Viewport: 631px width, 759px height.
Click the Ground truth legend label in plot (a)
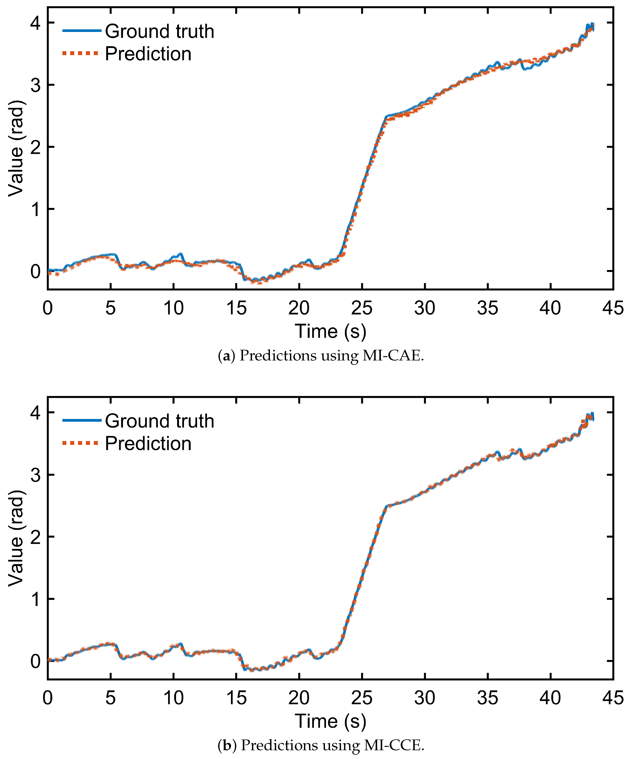coord(159,31)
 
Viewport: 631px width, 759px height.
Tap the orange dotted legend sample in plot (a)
coord(80,53)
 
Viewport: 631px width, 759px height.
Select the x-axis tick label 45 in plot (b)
coord(613,698)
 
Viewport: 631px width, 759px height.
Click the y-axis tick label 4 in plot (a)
coord(35,23)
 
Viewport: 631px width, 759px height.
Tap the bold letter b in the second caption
coord(227,746)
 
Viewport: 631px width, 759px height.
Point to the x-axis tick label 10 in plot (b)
coord(174,698)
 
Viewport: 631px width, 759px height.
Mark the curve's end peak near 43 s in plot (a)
coord(591,25)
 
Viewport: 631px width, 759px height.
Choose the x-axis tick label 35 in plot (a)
coord(488,308)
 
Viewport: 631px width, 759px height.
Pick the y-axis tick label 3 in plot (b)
coord(35,475)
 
